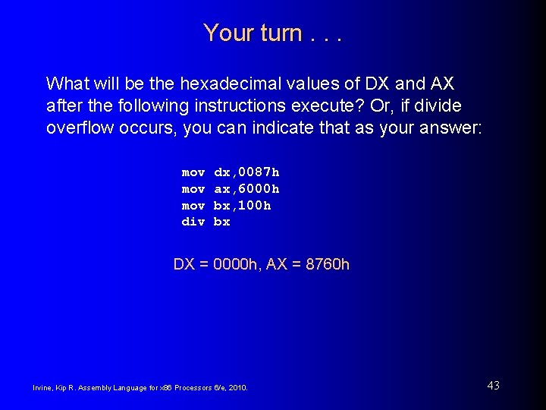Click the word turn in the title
pos(276,33)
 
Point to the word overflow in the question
pos(78,127)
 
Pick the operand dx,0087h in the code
pos(246,172)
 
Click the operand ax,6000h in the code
pos(246,189)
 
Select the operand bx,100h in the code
pos(242,206)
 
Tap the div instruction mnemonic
pos(193,222)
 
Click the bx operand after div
pos(221,222)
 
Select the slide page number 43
pos(493,386)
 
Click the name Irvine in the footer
pos(42,388)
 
